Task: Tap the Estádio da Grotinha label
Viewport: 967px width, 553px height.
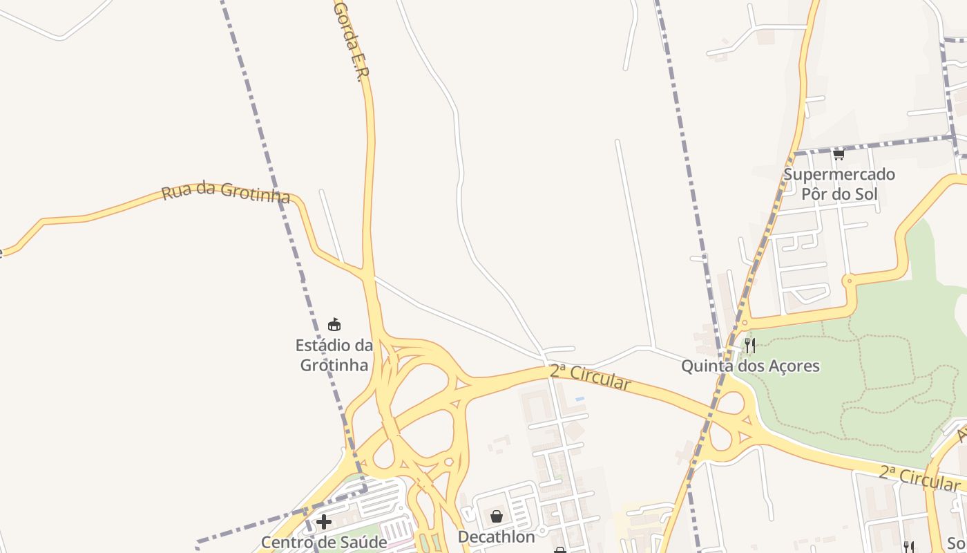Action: pyautogui.click(x=334, y=355)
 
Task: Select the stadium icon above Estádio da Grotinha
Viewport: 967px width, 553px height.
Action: pyautogui.click(x=334, y=324)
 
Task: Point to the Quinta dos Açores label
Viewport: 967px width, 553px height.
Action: pyautogui.click(x=750, y=366)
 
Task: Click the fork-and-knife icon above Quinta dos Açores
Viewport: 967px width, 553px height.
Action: pyautogui.click(x=749, y=345)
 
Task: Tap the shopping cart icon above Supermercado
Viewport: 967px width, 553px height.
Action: pyautogui.click(x=839, y=154)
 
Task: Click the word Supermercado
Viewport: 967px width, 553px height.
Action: pyautogui.click(x=839, y=174)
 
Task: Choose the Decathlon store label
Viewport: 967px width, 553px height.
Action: pyautogui.click(x=496, y=536)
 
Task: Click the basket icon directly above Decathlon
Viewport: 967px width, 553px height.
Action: pyautogui.click(x=496, y=516)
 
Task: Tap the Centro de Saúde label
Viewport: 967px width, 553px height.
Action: pyautogui.click(x=323, y=542)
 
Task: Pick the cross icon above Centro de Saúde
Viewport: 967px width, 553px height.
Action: pyautogui.click(x=323, y=521)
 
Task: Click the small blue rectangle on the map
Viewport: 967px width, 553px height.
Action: pyautogui.click(x=580, y=399)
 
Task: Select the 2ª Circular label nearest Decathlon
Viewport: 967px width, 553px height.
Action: pyautogui.click(x=590, y=377)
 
